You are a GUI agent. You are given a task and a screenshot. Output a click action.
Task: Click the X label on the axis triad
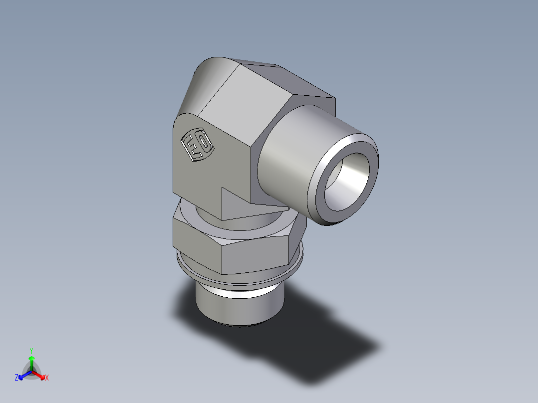[46, 378]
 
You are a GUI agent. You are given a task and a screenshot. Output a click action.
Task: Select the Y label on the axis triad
[31, 351]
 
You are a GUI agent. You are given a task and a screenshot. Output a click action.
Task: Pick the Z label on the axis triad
[16, 378]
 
